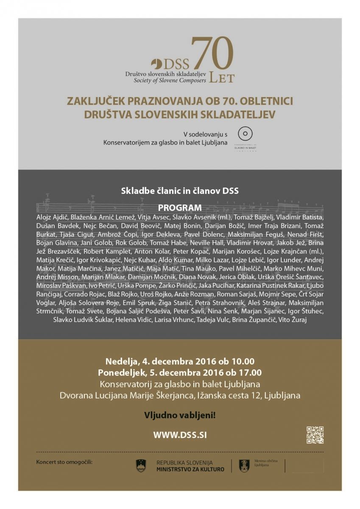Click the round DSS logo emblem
(x=156, y=64)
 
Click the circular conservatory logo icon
(x=245, y=134)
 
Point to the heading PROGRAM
(x=180, y=208)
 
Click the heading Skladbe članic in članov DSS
(x=180, y=191)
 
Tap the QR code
(x=315, y=435)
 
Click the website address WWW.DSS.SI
(x=180, y=435)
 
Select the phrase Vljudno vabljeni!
(x=180, y=415)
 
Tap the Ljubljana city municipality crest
(x=244, y=465)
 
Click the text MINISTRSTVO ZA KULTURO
(x=190, y=470)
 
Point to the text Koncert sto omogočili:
(x=64, y=461)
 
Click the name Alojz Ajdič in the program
(x=52, y=217)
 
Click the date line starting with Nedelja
(x=180, y=362)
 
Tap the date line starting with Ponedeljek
(x=180, y=373)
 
